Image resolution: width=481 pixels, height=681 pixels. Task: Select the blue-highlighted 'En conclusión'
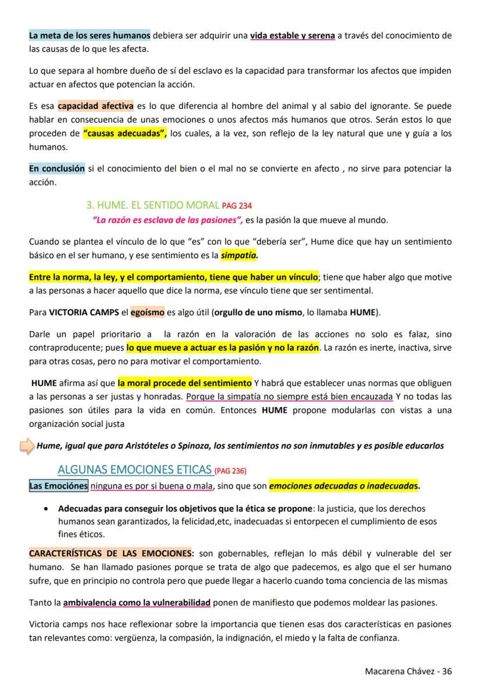click(57, 169)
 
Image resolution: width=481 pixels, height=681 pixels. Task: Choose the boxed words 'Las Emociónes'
click(58, 486)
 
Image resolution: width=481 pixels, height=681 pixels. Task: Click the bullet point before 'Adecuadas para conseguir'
click(46, 508)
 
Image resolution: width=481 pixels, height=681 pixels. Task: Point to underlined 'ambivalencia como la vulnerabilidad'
click(137, 602)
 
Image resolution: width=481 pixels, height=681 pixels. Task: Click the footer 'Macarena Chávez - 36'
click(408, 671)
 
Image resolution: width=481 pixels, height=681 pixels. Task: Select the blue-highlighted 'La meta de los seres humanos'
click(89, 35)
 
